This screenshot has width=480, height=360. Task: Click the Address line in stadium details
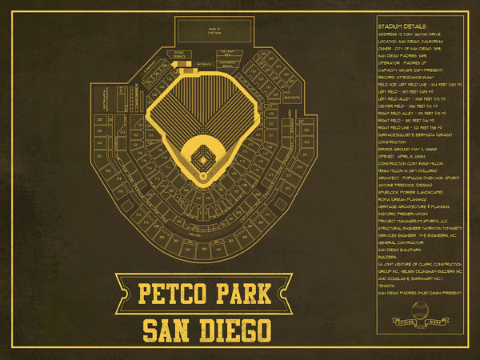point(409,34)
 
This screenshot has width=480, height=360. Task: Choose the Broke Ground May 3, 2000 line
point(407,148)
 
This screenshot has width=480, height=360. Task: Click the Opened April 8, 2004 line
point(403,157)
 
